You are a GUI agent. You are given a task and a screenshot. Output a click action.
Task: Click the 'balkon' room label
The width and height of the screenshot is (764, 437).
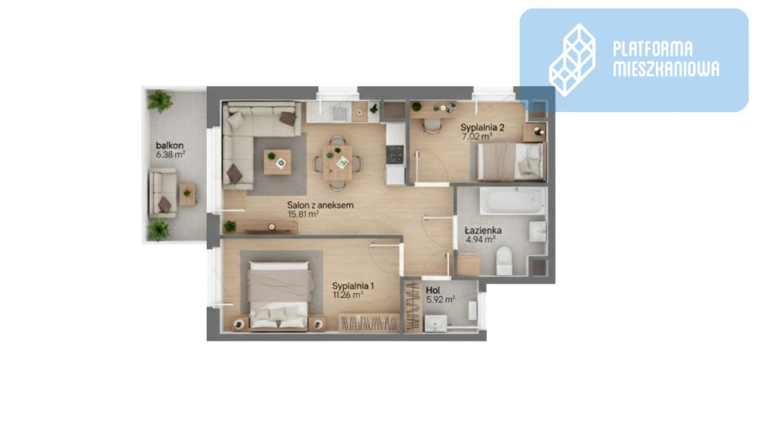coord(170,145)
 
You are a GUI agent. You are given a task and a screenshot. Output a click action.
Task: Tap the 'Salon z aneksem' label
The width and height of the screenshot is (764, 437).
coord(320,205)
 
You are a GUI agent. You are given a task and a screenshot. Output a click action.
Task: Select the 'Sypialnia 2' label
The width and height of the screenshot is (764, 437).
coord(482,127)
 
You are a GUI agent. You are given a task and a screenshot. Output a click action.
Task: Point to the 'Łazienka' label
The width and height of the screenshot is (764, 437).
coord(483,230)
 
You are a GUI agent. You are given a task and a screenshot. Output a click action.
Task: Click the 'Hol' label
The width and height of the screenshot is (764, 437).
coord(433,291)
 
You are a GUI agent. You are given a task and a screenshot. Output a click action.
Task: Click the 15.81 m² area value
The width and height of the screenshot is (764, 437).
coord(303,214)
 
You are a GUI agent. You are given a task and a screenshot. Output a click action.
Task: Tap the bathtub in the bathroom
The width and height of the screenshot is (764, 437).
coord(513,201)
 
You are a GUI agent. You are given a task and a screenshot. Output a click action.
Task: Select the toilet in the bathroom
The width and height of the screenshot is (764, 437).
coord(504,260)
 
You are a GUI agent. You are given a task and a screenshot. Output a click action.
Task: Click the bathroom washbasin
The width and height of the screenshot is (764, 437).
coord(537,232)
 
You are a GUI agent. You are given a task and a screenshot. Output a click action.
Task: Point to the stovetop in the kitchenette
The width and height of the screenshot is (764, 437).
coord(396,154)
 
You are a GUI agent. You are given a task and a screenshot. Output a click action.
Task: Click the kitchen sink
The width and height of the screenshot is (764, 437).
coord(338,112)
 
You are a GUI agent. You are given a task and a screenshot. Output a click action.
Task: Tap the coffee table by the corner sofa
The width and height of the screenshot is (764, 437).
coord(277,162)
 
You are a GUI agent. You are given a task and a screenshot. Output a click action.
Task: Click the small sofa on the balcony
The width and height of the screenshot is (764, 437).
coord(162,193)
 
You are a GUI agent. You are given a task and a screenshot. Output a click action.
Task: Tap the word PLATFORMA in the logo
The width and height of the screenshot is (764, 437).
coord(653,49)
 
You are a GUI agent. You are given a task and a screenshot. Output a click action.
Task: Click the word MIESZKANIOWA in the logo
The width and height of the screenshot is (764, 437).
coord(665,69)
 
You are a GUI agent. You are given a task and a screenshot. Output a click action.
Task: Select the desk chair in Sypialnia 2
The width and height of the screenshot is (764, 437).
coord(431,125)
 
